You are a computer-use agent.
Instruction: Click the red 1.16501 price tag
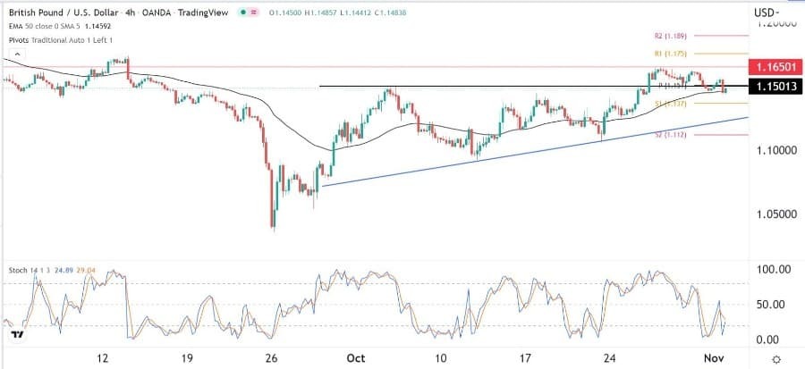(772, 68)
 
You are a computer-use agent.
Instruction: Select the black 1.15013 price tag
(772, 87)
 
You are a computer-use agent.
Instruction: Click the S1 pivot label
(668, 104)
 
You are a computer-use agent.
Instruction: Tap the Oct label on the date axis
(356, 357)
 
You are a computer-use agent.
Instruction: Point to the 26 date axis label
(274, 357)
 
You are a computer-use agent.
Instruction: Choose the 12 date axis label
(105, 357)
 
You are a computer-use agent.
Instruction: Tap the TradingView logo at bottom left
(18, 335)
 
